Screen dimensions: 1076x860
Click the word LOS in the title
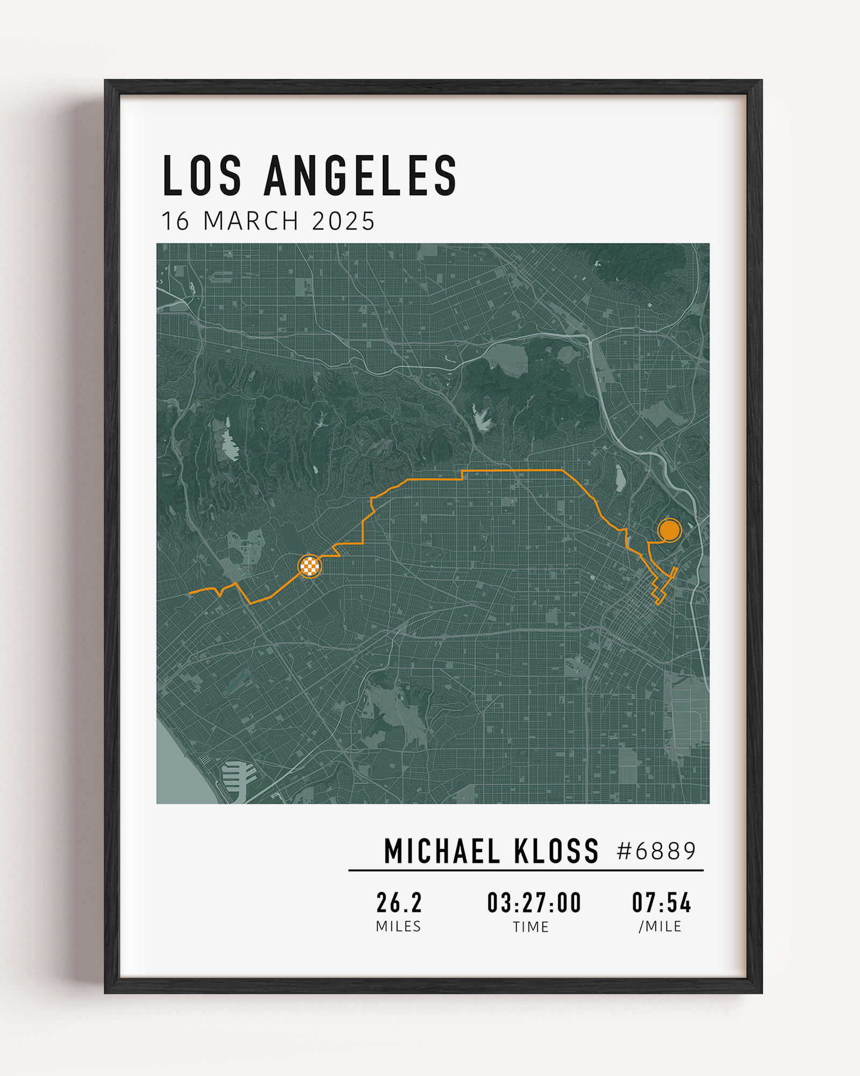pyautogui.click(x=202, y=175)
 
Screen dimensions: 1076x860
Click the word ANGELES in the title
pyautogui.click(x=361, y=175)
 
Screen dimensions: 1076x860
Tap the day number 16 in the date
pyautogui.click(x=175, y=221)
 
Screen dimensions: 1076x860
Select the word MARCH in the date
pyautogui.click(x=251, y=221)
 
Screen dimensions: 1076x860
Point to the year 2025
pyautogui.click(x=343, y=221)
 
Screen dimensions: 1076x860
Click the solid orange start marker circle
pyautogui.click(x=669, y=530)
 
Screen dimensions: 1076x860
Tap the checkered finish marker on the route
pyautogui.click(x=310, y=566)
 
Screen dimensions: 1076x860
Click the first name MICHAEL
pyautogui.click(x=442, y=852)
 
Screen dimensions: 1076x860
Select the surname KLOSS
pyautogui.click(x=556, y=852)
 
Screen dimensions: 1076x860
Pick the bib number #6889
pyautogui.click(x=656, y=851)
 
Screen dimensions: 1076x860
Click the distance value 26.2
pyautogui.click(x=399, y=903)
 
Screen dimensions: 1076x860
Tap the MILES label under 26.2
pyautogui.click(x=398, y=926)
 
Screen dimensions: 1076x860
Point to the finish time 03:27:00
pyautogui.click(x=534, y=903)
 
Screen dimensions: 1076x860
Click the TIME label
pyautogui.click(x=531, y=927)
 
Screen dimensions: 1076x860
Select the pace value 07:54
pyautogui.click(x=661, y=903)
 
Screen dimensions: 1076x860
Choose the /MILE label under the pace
pyautogui.click(x=660, y=926)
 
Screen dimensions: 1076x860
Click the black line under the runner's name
pyautogui.click(x=526, y=870)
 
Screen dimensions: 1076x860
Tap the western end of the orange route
pyautogui.click(x=191, y=593)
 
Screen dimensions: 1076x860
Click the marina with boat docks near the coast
pyautogui.click(x=238, y=775)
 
